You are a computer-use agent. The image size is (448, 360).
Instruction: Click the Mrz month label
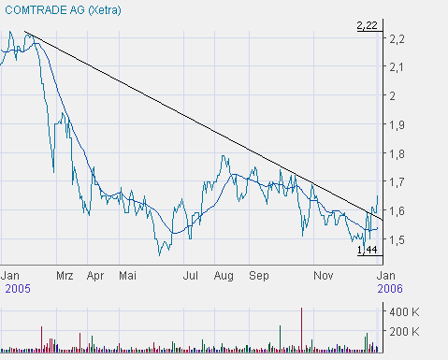point(65,277)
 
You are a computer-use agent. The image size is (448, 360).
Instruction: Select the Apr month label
point(95,277)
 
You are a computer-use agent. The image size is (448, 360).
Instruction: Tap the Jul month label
point(191,277)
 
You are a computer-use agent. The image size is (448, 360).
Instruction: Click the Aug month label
point(224,277)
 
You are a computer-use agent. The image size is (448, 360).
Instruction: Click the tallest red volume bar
point(301,327)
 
